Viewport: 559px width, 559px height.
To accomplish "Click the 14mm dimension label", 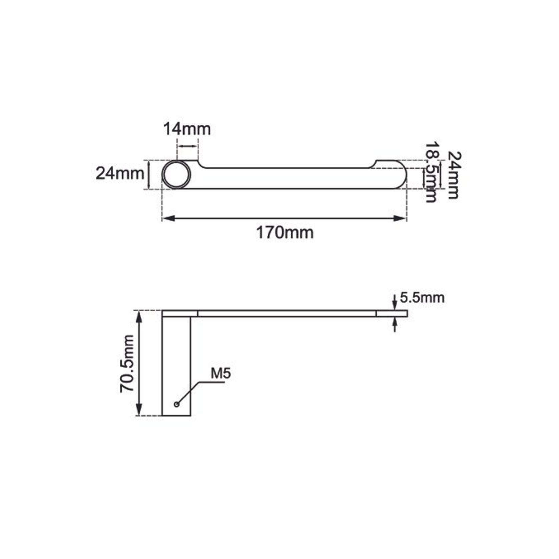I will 187,129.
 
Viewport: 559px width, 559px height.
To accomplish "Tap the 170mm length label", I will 285,232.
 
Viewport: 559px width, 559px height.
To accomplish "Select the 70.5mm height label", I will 127,364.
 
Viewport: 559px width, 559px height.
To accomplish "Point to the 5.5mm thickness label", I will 422,298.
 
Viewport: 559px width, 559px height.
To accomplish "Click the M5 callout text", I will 220,374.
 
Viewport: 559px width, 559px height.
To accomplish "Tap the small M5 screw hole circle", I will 176,404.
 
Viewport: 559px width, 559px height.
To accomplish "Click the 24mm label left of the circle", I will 120,173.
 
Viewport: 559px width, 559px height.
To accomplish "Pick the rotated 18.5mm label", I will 431,172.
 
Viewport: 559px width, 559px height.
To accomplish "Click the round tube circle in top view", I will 176,174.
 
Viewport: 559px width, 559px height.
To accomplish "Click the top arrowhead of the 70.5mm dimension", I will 139,317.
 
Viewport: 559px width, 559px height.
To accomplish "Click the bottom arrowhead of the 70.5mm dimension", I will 139,410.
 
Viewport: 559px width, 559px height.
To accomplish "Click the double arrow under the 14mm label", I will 187,146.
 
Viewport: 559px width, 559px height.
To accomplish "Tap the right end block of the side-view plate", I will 392,313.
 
